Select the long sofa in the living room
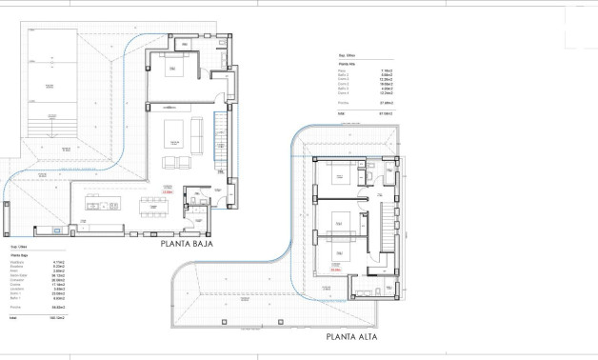point(197,136)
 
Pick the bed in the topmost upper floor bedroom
point(339,176)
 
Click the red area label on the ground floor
point(168,192)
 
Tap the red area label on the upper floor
point(335,270)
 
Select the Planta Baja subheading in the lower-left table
point(20,255)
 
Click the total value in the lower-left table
point(56,317)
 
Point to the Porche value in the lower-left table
point(56,308)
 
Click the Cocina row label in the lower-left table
point(16,284)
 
